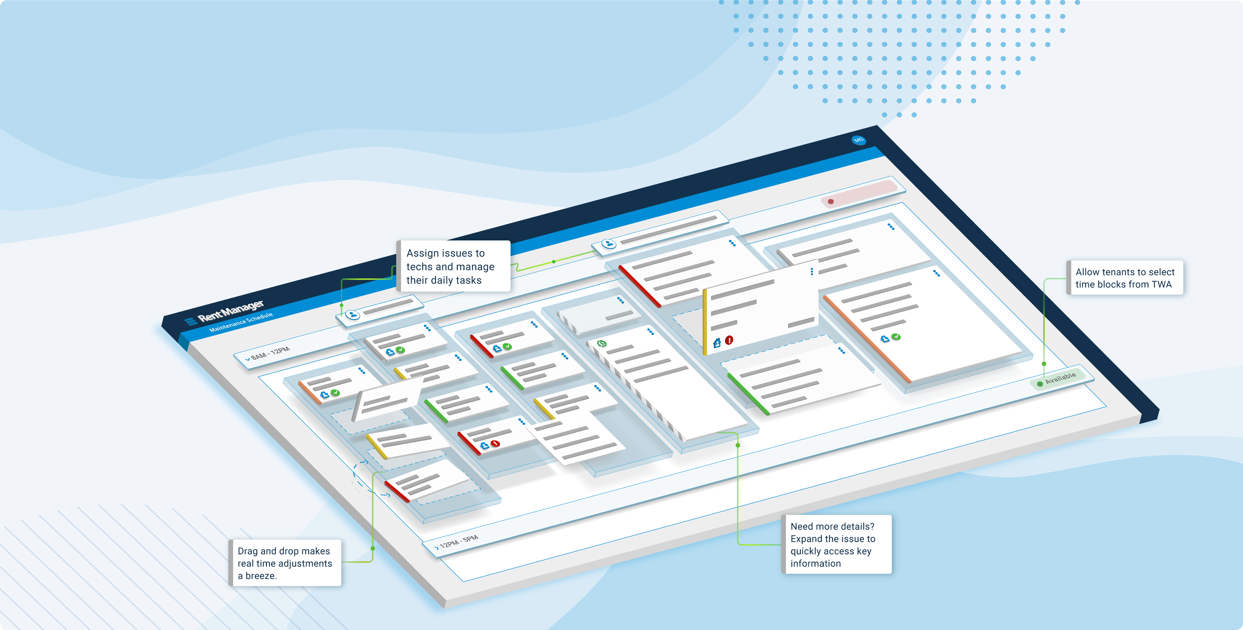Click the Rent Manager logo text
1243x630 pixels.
(x=231, y=311)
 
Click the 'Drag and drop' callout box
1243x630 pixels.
(x=285, y=563)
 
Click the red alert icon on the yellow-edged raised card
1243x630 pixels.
(x=729, y=340)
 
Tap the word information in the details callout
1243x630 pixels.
(x=815, y=563)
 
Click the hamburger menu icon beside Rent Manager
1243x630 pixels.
(x=191, y=321)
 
